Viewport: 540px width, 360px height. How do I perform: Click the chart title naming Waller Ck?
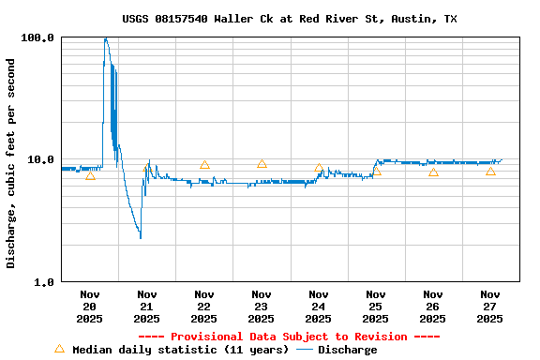coord(290,19)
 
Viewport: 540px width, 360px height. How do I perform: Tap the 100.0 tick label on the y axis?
coord(38,38)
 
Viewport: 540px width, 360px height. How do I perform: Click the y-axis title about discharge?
coord(11,163)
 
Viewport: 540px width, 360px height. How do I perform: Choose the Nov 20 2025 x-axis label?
coord(90,306)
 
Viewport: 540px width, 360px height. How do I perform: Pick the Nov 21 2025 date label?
coord(147,306)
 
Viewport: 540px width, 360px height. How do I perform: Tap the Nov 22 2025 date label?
coord(204,306)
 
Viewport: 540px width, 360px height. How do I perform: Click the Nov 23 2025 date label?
coord(262,306)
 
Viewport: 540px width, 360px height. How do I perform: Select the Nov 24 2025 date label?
coord(319,306)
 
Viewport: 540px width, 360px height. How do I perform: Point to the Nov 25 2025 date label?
coord(376,306)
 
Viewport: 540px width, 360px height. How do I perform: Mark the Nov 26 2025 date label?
coord(433,306)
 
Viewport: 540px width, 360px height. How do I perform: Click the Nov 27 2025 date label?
coord(490,306)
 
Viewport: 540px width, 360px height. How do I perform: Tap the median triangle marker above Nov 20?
coord(90,175)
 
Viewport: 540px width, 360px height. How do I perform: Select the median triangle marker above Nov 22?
coord(204,165)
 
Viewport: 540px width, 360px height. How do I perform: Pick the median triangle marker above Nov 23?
coord(262,164)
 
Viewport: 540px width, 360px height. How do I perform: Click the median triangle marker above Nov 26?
coord(433,172)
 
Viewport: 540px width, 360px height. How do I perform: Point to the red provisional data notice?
coord(289,337)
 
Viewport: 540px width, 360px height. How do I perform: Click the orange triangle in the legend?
coord(59,349)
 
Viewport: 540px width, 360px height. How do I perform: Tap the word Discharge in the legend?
coord(347,350)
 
